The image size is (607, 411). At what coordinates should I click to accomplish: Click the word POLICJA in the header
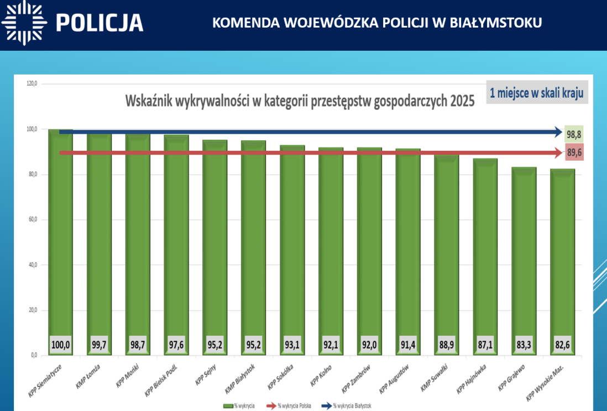100,23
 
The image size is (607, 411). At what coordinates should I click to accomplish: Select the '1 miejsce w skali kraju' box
537,93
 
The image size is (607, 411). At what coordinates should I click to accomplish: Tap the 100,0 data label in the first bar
61,345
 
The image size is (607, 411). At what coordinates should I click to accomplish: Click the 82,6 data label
563,345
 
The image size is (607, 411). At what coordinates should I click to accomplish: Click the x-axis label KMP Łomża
88,377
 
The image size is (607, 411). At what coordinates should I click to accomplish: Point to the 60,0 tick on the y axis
32,220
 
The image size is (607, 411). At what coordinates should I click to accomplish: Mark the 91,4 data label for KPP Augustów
408,345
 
